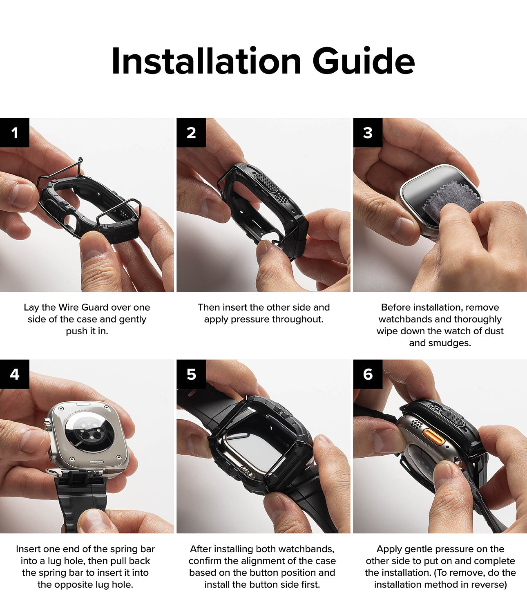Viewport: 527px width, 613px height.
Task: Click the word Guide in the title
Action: click(364, 61)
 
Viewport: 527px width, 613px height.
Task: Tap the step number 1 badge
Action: click(15, 132)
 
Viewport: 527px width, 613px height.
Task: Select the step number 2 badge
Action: click(191, 132)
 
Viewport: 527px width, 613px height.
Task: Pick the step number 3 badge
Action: click(368, 132)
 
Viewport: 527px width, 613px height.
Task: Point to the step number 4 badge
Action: click(15, 374)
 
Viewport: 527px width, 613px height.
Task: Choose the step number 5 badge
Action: click(191, 374)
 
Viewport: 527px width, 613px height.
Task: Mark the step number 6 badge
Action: click(368, 374)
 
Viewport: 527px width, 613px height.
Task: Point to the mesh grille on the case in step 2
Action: click(267, 182)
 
